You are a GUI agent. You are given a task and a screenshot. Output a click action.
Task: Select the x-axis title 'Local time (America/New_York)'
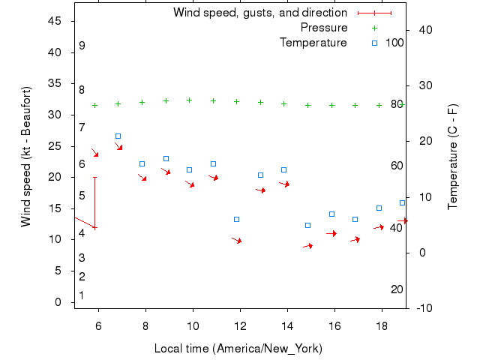238,349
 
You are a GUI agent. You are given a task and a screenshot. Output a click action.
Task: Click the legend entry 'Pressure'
324,28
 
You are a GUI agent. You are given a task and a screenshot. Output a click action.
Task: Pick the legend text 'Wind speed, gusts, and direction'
259,13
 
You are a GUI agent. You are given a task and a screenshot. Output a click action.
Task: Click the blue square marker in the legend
375,43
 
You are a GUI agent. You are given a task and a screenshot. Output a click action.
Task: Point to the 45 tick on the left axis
54,21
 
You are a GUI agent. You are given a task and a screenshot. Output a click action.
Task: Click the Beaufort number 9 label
82,46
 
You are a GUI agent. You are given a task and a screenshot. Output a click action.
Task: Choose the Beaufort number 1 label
82,295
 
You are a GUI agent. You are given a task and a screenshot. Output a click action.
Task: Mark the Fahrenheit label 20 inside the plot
397,289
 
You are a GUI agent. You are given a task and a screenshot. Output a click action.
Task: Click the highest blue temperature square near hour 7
118,136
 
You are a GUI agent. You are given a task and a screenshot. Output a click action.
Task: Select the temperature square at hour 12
236,219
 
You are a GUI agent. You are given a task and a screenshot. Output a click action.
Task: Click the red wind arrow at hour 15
308,245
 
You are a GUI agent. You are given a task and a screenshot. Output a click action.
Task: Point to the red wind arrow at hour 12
237,241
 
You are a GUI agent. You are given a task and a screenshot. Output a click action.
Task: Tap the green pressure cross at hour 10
189,100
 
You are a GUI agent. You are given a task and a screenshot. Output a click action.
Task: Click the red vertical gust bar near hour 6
94,202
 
